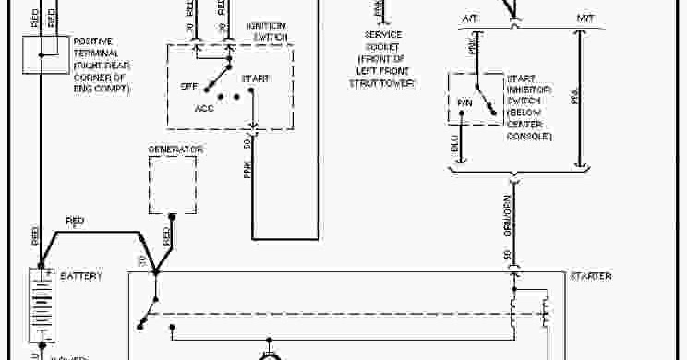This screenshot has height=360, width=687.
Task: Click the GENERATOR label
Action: pos(175,149)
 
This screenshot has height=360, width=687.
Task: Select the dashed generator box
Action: pos(173,184)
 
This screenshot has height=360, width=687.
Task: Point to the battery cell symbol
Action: pos(42,305)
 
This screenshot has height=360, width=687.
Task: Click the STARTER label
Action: pos(590,276)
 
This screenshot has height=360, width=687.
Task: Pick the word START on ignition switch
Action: pos(255,79)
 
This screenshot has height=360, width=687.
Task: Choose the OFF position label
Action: pos(189,86)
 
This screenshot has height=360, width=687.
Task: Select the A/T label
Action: pos(468,18)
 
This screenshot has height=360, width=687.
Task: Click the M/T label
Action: pos(586,18)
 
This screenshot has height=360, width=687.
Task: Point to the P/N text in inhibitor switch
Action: pos(464,103)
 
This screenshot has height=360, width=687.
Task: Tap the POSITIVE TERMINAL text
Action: pos(99,59)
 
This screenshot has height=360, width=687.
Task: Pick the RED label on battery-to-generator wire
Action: pos(75,221)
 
